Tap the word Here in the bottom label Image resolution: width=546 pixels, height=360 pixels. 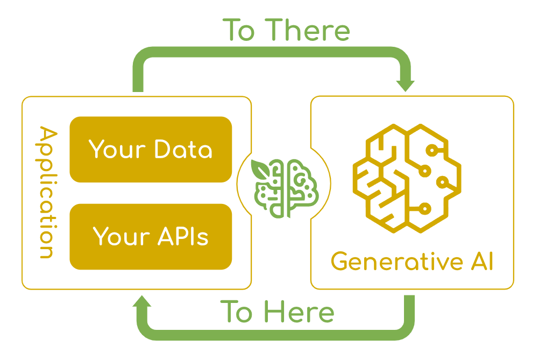pyautogui.click(x=299, y=312)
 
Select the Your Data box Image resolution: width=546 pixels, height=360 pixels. pyautogui.click(x=151, y=150)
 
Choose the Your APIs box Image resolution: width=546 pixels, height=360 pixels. pyautogui.click(x=151, y=237)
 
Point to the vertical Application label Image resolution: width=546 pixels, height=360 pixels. pyautogui.click(x=47, y=192)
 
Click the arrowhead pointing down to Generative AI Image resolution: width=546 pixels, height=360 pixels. pyautogui.click(x=405, y=85)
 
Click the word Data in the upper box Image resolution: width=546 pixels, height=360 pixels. pyautogui.click(x=183, y=150)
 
